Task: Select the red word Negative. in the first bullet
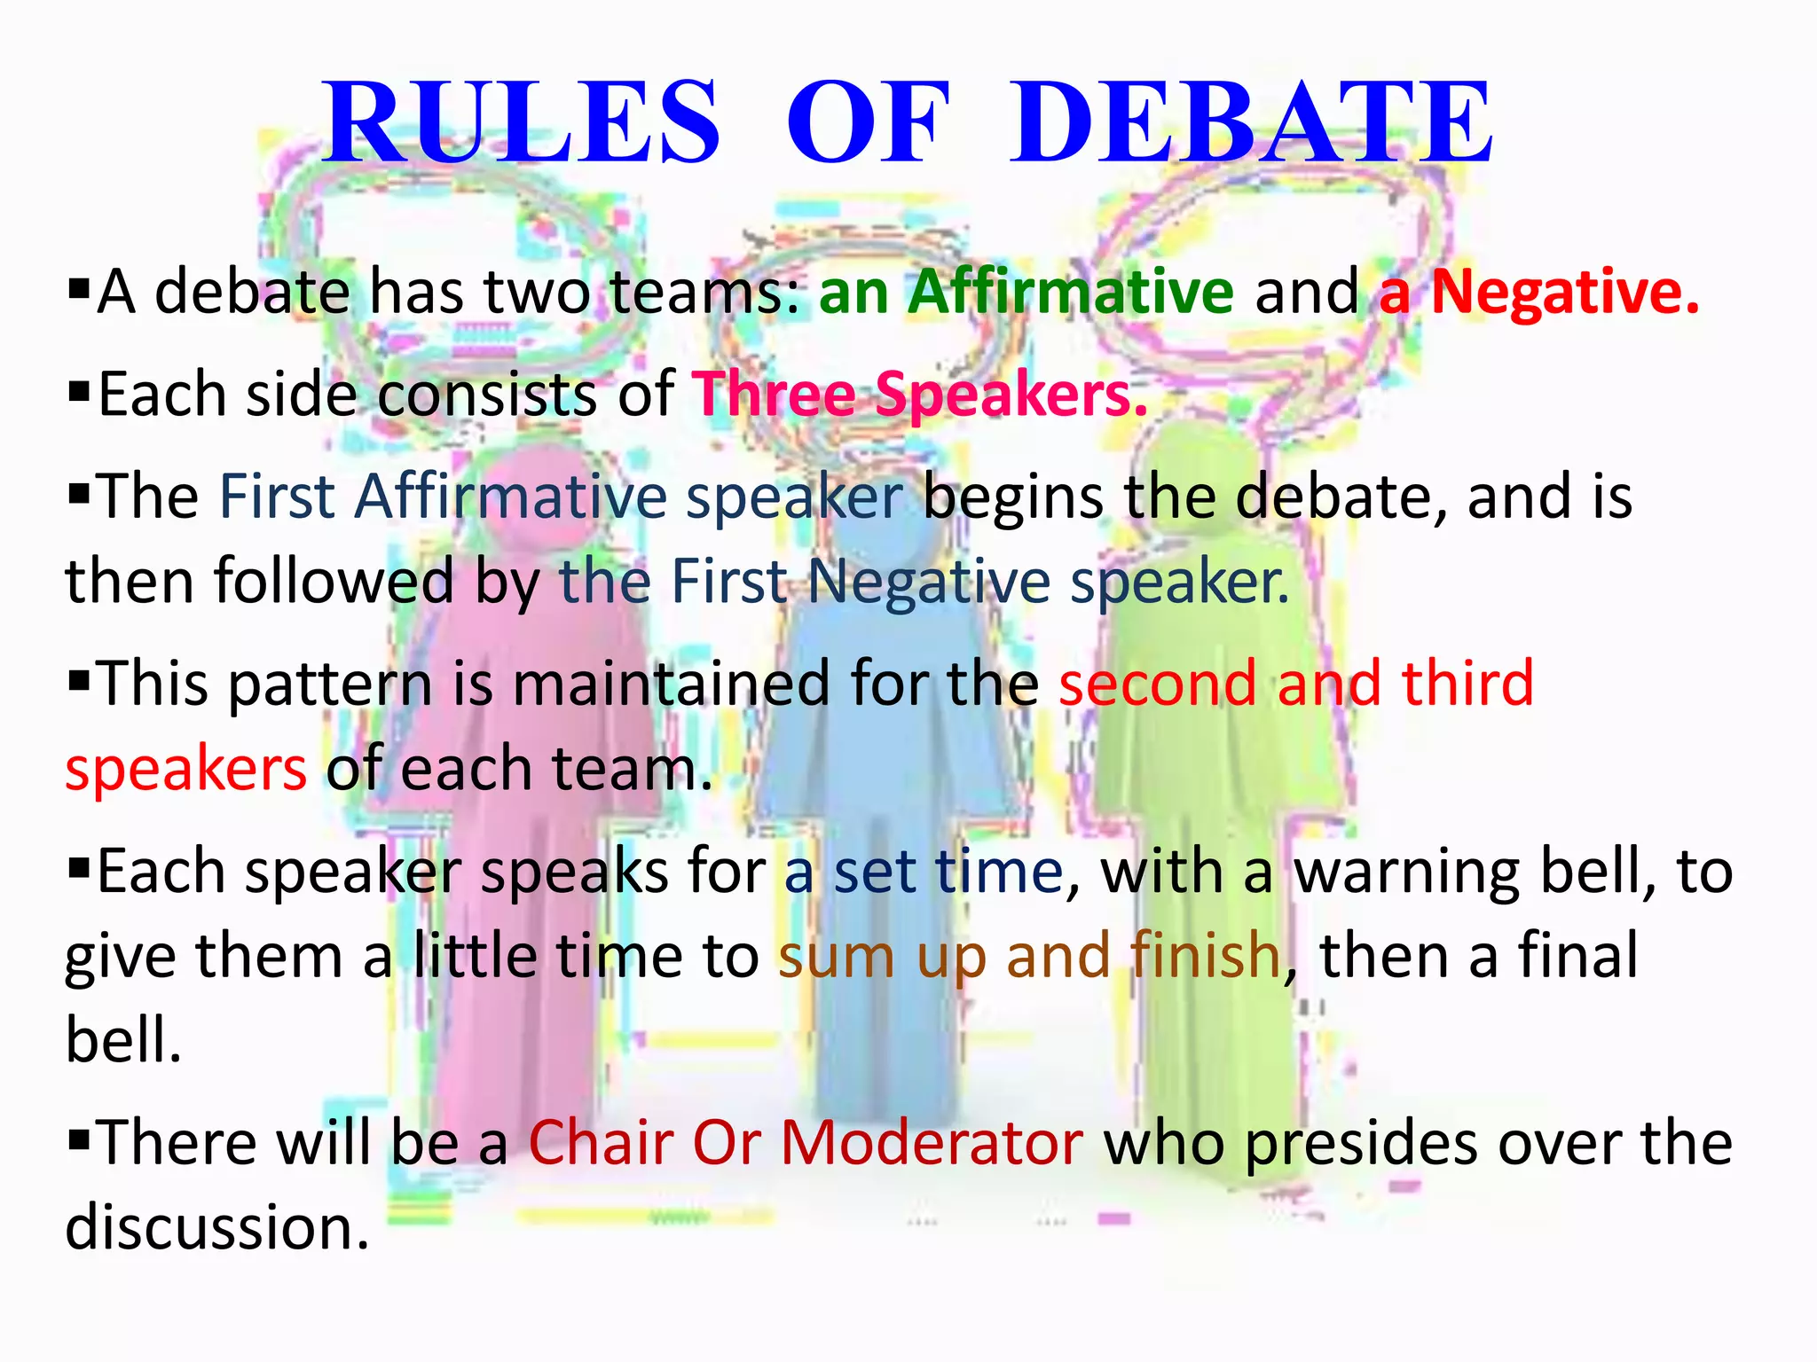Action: [x=1566, y=293]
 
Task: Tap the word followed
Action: [x=334, y=582]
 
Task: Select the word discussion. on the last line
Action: [x=217, y=1227]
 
